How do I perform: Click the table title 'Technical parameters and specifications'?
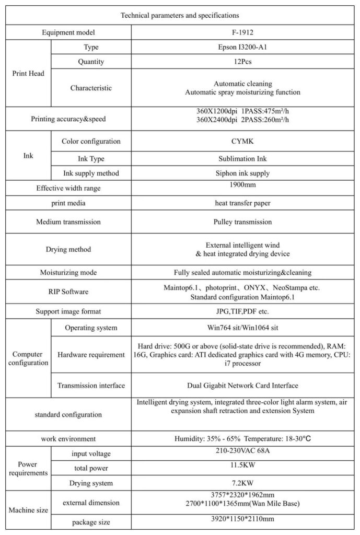(x=180, y=16)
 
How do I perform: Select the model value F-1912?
(x=242, y=32)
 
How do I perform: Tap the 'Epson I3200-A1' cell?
(x=242, y=47)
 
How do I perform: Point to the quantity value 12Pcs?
(x=242, y=62)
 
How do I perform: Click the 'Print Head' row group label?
(x=28, y=73)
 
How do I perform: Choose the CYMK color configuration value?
(x=242, y=141)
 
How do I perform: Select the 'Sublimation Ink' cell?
(x=242, y=157)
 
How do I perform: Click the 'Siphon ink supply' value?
(x=242, y=173)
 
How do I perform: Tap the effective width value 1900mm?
(x=242, y=185)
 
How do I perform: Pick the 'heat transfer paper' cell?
(x=242, y=202)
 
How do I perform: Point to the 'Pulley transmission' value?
(x=242, y=222)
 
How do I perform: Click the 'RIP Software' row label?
(x=68, y=292)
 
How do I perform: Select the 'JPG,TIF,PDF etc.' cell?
(x=242, y=311)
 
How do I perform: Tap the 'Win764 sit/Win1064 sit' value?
(x=242, y=328)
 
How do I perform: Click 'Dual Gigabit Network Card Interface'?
(x=242, y=386)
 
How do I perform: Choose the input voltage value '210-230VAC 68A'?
(x=242, y=450)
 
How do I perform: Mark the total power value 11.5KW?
(x=242, y=464)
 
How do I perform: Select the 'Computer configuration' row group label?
(x=28, y=358)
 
